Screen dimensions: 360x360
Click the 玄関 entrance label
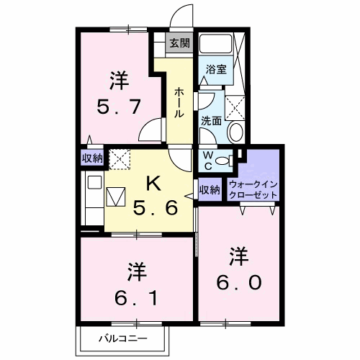click(179, 43)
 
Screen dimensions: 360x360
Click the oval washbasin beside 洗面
click(235, 132)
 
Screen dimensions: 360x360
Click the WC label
click(207, 159)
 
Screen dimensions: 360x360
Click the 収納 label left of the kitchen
click(91, 158)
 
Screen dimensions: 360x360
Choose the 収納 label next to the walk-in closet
click(210, 190)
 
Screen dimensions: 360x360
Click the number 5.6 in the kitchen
click(153, 210)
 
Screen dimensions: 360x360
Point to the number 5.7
click(119, 108)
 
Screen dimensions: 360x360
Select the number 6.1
click(138, 294)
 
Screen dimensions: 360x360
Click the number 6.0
click(240, 280)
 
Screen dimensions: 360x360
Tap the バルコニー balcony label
click(123, 337)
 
